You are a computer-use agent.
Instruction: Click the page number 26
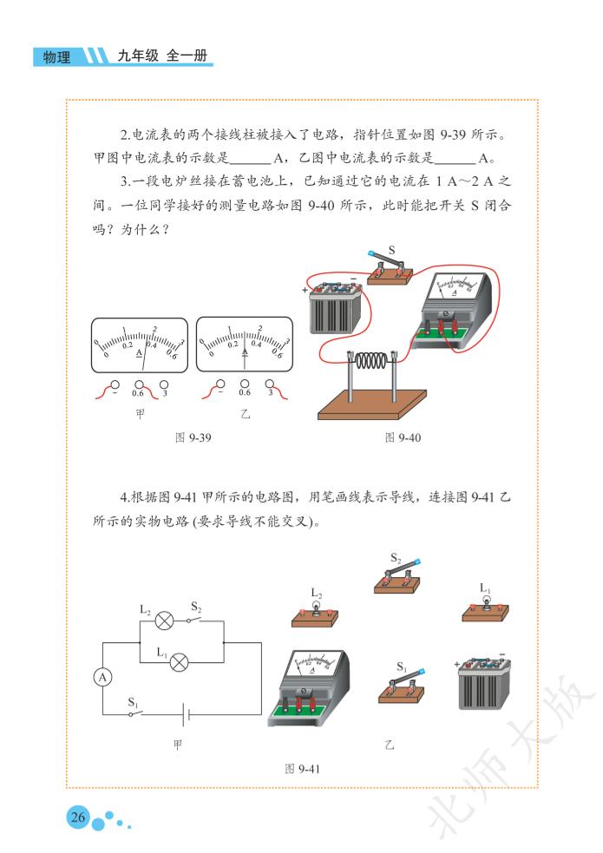[x=78, y=817]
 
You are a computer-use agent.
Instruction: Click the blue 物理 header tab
[x=58, y=56]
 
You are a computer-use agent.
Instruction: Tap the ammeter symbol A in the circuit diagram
[x=102, y=678]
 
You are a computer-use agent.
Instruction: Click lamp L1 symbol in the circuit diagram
[x=180, y=662]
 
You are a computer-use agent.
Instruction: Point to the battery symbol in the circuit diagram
[x=186, y=713]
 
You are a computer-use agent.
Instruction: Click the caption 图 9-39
[x=193, y=437]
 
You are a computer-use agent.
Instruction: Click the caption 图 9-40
[x=403, y=437]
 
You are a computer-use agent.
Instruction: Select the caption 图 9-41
[x=302, y=769]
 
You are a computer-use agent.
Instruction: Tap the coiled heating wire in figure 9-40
[x=372, y=361]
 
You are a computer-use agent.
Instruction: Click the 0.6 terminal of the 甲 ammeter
[x=140, y=384]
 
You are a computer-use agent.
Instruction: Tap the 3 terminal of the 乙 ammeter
[x=270, y=384]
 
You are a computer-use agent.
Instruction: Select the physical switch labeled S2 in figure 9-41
[x=397, y=579]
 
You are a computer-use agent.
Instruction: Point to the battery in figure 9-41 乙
[x=484, y=683]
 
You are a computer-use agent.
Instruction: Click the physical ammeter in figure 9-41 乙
[x=309, y=687]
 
